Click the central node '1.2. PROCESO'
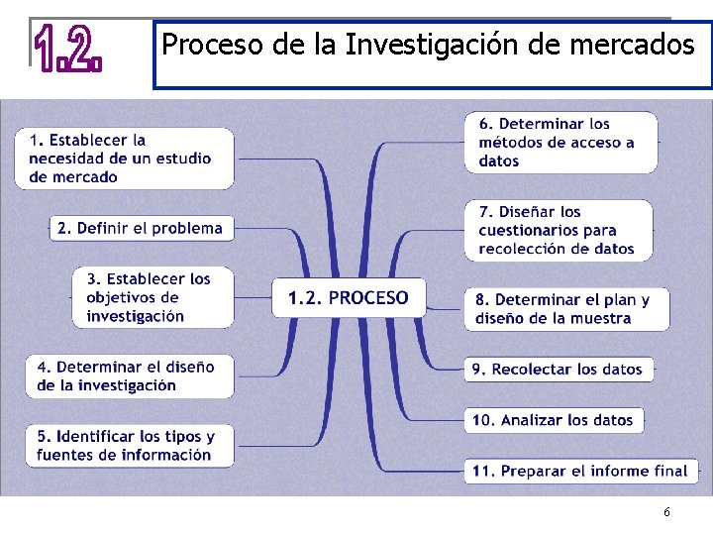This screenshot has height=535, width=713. point(349,297)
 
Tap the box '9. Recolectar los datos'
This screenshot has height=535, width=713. point(560,369)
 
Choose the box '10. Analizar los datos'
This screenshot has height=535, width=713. point(554,420)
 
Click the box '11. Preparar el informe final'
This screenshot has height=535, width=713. point(580,471)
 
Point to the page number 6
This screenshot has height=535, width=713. point(666,512)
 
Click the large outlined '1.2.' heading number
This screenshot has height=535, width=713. point(68,50)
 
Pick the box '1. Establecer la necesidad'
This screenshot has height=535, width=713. point(125,159)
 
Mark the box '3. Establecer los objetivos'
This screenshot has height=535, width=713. point(153,297)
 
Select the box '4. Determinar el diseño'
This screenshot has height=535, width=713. point(130,376)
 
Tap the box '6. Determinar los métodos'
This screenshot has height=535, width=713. point(560,143)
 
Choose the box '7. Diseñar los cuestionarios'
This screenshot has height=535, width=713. point(560,230)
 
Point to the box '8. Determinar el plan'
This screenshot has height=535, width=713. point(566,309)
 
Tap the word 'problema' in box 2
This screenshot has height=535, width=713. point(187,228)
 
